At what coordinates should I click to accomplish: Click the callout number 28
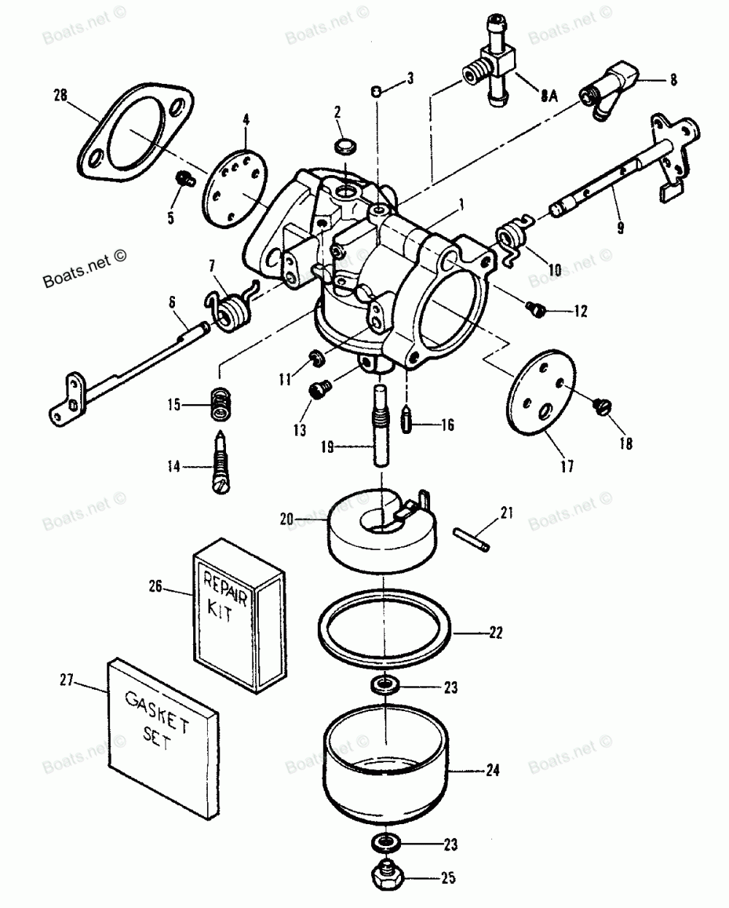(x=61, y=95)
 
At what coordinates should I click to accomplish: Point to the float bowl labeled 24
(x=385, y=769)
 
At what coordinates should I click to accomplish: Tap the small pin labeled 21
(x=472, y=539)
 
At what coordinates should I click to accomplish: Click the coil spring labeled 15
(x=221, y=404)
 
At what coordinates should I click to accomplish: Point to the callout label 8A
(x=549, y=96)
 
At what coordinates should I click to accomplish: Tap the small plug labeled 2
(x=346, y=146)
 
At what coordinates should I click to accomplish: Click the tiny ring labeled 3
(x=376, y=91)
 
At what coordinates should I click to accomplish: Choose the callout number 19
(x=327, y=447)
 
